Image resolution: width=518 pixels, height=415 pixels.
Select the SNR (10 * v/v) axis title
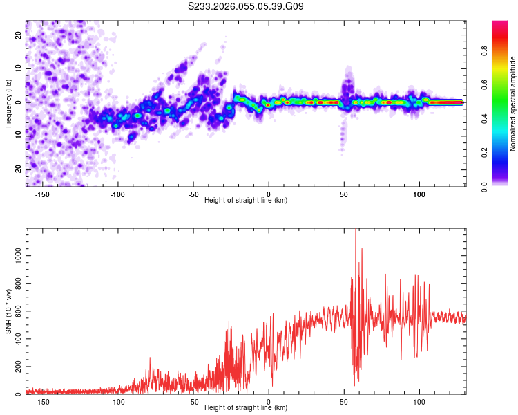pos(8,311)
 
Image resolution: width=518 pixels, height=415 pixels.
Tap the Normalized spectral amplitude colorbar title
pos(513,104)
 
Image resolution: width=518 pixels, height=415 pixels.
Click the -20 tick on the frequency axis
pos(18,169)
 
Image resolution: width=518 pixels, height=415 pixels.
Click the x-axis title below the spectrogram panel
pos(246,201)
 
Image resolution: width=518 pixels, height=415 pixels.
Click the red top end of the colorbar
pos(499,24)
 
